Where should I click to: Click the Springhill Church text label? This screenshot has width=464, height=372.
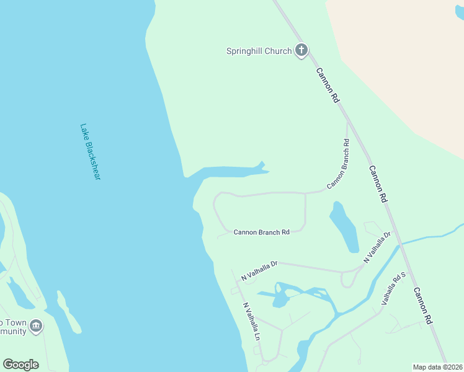pos(259,51)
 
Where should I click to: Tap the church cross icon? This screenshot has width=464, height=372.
pos(301,50)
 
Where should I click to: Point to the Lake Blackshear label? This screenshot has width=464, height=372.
pos(90,152)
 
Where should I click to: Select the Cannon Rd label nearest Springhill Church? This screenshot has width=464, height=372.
pos(328,84)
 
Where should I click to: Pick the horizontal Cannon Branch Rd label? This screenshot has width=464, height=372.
pos(261,232)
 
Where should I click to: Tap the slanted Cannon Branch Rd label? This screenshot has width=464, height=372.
pos(338,164)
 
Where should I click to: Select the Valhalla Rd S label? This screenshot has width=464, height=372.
pos(393,288)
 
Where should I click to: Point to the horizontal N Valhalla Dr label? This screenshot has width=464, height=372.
pos(259,268)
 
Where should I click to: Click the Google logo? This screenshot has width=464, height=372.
pos(20,365)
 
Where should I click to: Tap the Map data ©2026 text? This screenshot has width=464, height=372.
pos(437,367)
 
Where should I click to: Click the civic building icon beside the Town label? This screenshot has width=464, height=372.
pos(36,325)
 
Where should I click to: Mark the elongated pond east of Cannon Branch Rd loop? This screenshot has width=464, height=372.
pos(345,227)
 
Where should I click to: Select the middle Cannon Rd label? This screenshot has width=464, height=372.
pos(378,184)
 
